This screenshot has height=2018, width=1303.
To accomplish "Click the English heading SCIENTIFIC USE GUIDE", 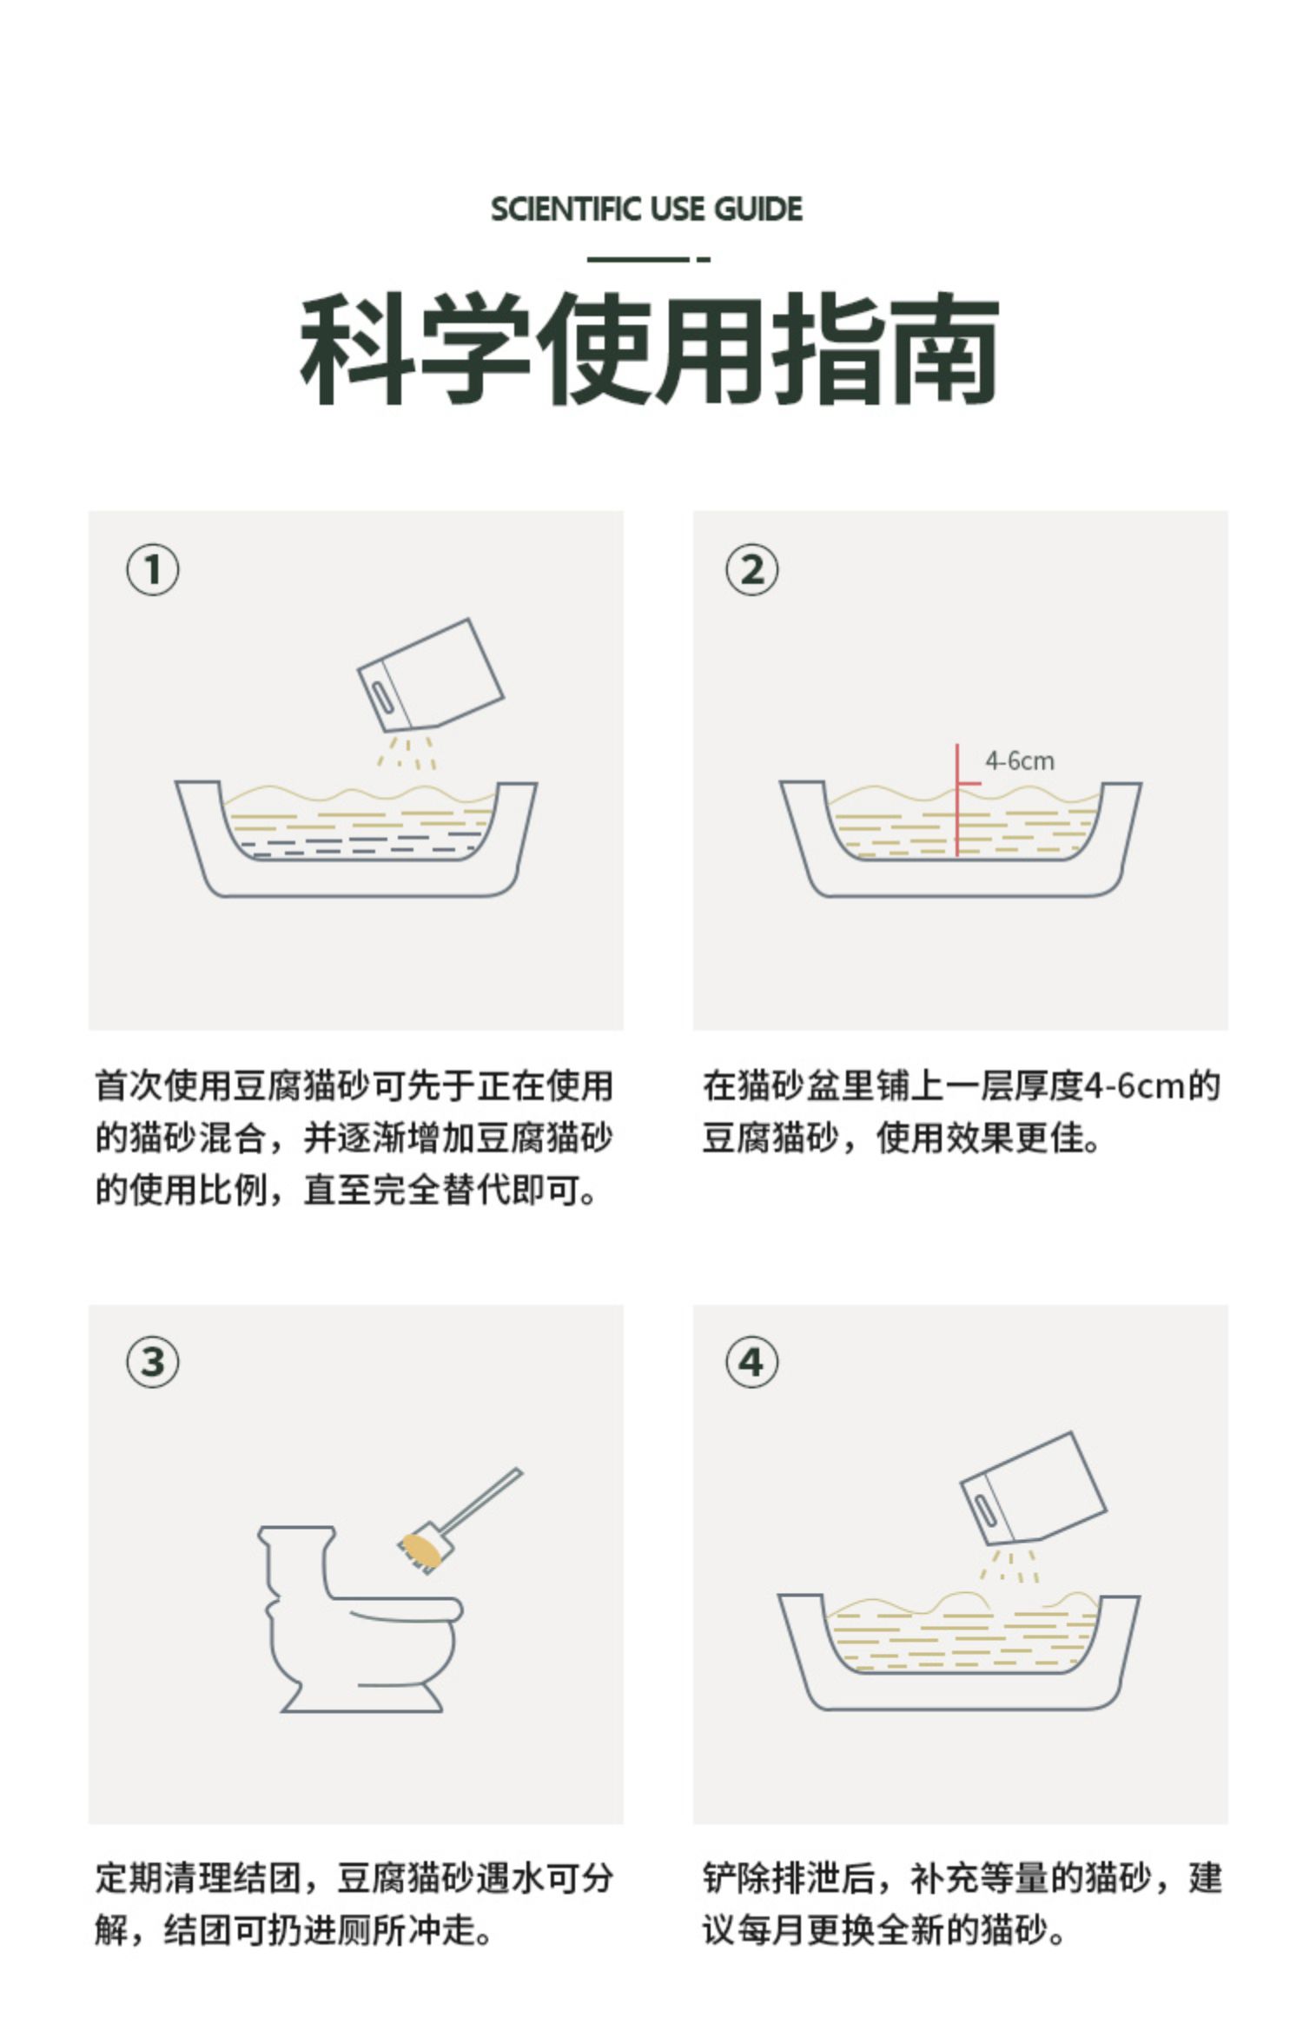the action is click(647, 209).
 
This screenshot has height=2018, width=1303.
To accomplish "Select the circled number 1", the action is click(153, 570).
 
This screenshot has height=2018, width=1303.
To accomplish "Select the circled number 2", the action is click(752, 570).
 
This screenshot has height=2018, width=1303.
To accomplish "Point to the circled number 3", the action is click(153, 1361).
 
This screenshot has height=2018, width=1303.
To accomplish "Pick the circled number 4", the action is click(752, 1361).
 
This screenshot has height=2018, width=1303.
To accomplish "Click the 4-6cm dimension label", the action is click(1019, 761).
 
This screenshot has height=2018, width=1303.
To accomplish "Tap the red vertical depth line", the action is click(957, 800).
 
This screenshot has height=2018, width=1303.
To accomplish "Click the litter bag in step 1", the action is click(431, 675).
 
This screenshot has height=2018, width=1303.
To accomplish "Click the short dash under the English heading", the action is click(704, 259).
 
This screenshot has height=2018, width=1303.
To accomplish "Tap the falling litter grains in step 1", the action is click(407, 753).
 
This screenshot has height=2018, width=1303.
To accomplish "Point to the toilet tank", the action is click(295, 1560).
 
